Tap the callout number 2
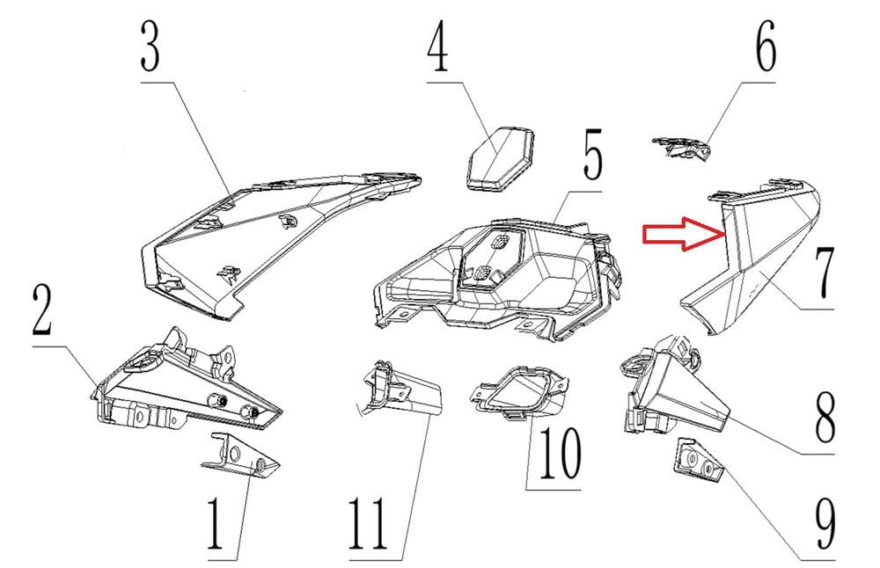click(x=42, y=309)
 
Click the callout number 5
click(x=592, y=154)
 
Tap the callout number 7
click(x=823, y=273)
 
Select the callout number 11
click(x=369, y=524)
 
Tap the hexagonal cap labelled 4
click(x=500, y=158)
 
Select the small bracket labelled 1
click(x=240, y=455)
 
